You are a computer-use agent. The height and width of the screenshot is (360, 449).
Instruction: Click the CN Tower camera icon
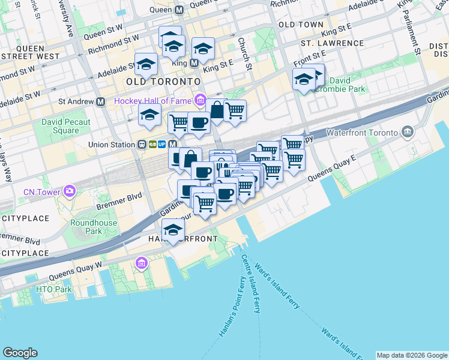click(70, 191)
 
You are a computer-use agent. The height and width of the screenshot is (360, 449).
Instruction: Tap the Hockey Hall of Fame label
click(154, 100)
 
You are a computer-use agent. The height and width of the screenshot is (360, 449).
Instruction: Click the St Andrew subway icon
click(100, 102)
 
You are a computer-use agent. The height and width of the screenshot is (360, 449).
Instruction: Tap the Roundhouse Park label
click(86, 226)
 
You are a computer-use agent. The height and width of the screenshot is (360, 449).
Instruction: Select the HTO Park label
click(54, 289)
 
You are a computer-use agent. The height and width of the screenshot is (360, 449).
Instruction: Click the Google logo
click(20, 353)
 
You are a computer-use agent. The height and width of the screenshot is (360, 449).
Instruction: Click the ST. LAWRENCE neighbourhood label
click(333, 43)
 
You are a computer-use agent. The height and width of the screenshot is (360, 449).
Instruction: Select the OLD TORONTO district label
click(163, 81)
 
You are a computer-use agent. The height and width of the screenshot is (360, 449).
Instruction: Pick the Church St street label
click(243, 53)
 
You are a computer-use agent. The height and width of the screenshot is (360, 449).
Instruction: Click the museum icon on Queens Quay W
click(142, 263)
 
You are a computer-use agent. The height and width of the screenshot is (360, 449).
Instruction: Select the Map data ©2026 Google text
click(412, 355)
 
